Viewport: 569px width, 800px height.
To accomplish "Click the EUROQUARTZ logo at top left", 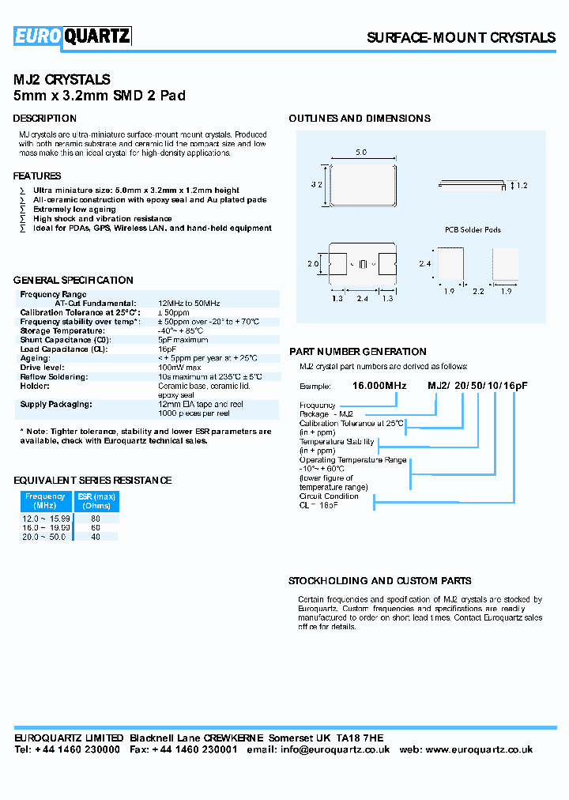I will coord(72,36).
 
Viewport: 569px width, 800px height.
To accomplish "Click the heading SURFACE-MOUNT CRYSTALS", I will coord(461,38).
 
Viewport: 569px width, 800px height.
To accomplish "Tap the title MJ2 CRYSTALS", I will coord(62,80).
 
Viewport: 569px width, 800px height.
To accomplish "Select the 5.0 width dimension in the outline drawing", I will coord(361,152).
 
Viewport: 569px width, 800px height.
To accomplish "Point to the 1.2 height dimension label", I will coord(521,186).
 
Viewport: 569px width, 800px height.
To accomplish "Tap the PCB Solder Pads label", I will coord(472,230).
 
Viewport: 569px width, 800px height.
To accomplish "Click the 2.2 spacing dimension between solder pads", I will coord(478,292).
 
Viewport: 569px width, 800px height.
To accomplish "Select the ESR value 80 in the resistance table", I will coord(96,518).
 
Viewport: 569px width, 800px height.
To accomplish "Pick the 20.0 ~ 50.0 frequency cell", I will coord(46,536).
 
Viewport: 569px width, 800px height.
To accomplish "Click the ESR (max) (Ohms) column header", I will coord(96,501).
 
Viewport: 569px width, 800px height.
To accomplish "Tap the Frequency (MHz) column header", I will coord(46,501).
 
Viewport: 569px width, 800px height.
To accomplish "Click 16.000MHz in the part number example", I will coord(379,385).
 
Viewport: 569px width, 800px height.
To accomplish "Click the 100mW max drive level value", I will coord(179,368).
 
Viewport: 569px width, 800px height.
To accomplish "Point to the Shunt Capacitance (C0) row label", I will coord(65,340).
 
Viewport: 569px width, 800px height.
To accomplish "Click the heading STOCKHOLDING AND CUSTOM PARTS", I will coord(380,580).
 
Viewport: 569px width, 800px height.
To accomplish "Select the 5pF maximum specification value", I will coord(183,340).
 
